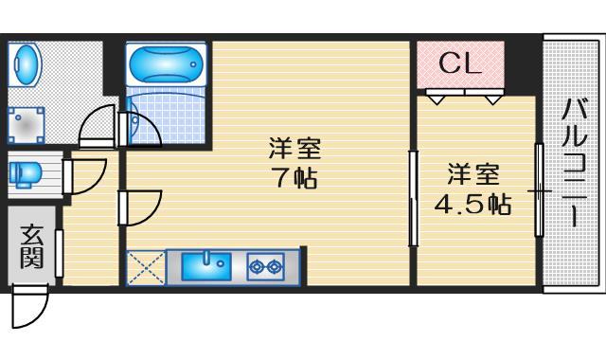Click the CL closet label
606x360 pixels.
[460, 64]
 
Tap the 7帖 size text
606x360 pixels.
[295, 177]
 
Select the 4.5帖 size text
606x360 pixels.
[472, 204]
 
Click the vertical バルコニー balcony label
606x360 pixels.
[574, 161]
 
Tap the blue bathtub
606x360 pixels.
[165, 63]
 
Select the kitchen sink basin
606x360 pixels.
[207, 265]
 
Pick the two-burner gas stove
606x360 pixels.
[265, 266]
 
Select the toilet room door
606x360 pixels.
[85, 176]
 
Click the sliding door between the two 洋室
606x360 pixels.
[413, 199]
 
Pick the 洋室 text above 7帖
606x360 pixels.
[294, 149]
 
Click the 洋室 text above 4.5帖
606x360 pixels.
[472, 175]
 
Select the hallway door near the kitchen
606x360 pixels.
[140, 207]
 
